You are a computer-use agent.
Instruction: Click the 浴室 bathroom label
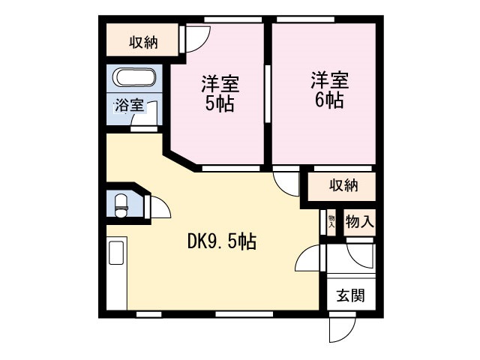pos(128,105)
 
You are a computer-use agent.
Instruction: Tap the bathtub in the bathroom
pos(135,79)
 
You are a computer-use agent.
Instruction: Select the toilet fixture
pos(121,203)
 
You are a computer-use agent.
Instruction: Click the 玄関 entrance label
pos(349,295)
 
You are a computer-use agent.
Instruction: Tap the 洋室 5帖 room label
pos(219,92)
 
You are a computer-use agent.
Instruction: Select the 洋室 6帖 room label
pos(328,90)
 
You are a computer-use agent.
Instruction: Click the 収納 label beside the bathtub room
pos(142,42)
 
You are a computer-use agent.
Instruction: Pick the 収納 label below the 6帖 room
pos(342,185)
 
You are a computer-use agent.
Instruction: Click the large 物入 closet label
pos(358,222)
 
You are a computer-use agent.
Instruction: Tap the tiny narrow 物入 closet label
pos(331,222)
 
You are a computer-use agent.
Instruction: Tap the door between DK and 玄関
pos(309,259)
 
